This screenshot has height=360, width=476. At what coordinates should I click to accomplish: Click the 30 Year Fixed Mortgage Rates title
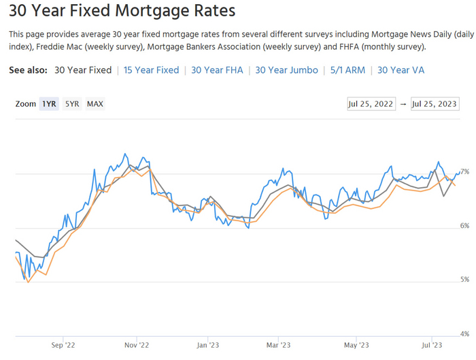122,12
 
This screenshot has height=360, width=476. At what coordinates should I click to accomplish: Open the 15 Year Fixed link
151,70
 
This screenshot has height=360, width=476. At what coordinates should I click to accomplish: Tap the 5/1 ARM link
347,70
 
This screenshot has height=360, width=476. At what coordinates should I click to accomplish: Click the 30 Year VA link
401,70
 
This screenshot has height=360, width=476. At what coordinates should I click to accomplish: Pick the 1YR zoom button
49,104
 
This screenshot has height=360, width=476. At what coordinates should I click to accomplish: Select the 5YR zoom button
72,104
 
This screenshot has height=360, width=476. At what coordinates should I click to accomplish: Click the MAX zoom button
95,104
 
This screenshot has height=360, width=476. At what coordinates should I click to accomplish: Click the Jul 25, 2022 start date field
370,104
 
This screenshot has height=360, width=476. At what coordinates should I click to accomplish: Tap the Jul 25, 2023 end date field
435,104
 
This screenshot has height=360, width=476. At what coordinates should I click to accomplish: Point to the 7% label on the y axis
465,171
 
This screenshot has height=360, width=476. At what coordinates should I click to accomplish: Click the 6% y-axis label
465,225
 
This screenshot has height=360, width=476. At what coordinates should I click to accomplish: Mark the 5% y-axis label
465,280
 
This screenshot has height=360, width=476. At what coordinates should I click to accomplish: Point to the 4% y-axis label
465,333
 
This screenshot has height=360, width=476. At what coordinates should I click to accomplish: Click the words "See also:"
29,70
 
